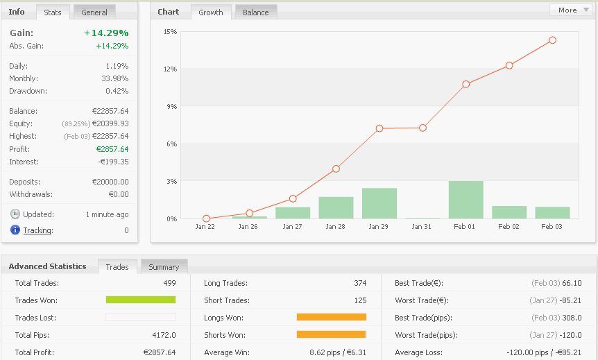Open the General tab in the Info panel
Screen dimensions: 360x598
[94, 12]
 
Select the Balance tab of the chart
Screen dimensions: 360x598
[255, 12]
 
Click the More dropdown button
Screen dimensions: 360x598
[571, 10]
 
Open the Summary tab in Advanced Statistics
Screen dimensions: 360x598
[164, 267]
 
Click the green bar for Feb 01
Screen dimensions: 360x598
[465, 200]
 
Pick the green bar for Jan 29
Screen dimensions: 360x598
[379, 203]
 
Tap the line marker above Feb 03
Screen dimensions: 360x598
[552, 40]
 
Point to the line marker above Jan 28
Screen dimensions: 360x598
[336, 169]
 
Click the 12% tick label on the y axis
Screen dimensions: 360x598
[170, 69]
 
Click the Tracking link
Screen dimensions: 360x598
[37, 230]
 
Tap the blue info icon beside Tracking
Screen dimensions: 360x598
[15, 230]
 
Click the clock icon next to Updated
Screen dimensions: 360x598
[15, 214]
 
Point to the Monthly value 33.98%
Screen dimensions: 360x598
[113, 78]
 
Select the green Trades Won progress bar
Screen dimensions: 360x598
[140, 300]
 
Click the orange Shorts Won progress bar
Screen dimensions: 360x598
[331, 334]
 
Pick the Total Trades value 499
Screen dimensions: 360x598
[169, 283]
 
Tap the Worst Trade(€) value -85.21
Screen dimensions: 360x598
[567, 300]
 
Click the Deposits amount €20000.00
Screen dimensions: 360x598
[110, 182]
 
